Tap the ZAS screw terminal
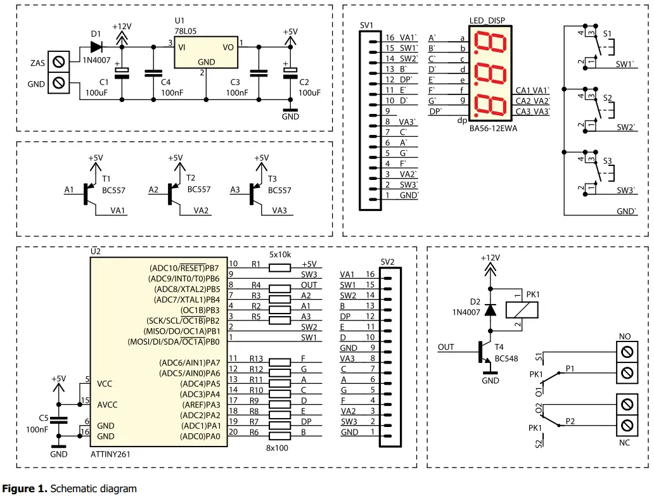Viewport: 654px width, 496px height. [x=59, y=62]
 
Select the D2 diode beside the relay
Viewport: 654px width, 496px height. [x=489, y=310]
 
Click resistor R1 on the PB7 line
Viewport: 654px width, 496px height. [x=279, y=267]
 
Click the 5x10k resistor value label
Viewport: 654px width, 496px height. [x=279, y=254]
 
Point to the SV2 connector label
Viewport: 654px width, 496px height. [x=388, y=262]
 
